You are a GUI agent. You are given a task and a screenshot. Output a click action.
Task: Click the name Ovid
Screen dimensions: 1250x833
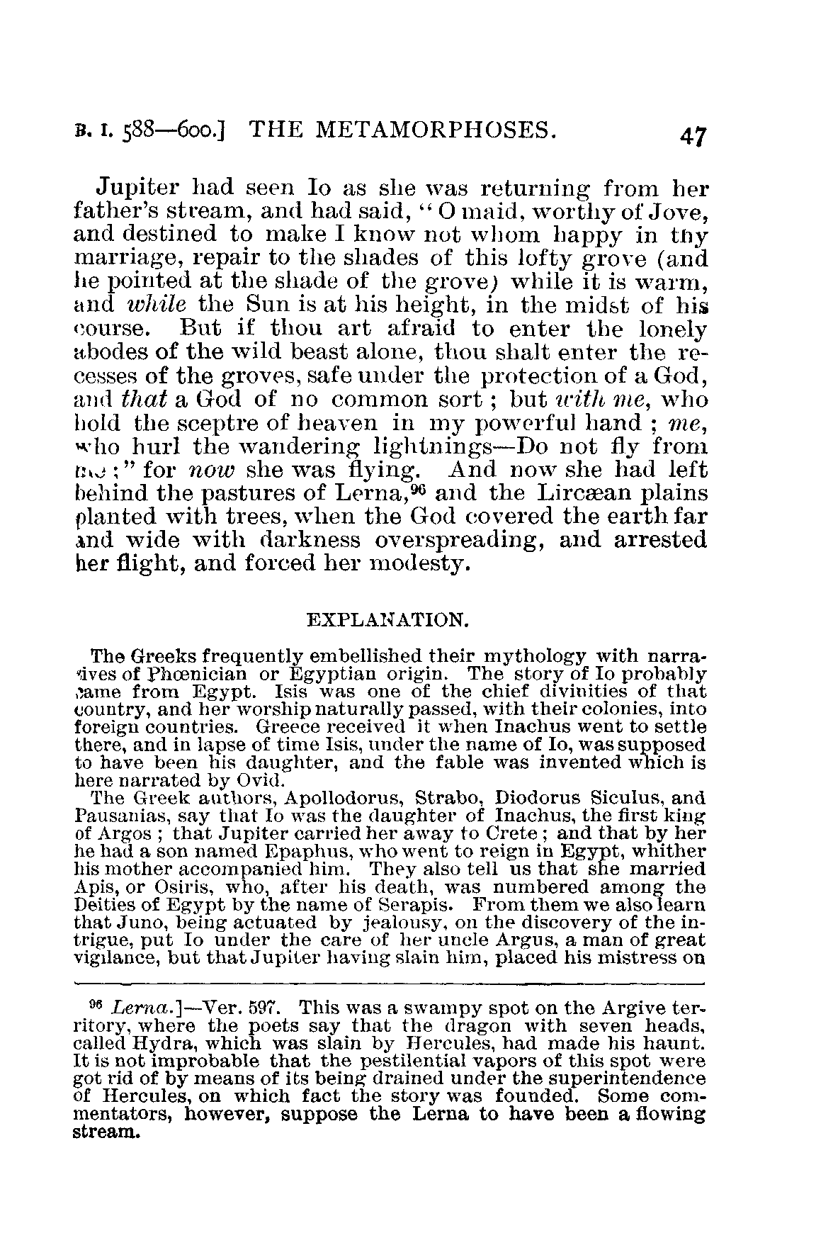coord(263,781)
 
